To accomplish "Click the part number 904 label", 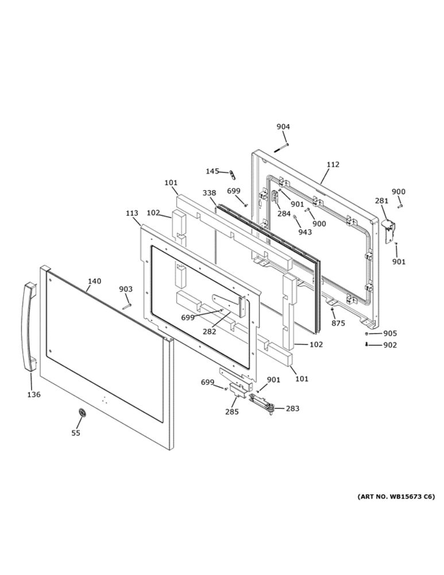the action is click(x=283, y=127).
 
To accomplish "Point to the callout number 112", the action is click(x=333, y=164).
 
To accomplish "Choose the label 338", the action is click(x=209, y=193).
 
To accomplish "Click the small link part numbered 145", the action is click(x=231, y=175).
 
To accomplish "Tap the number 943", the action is click(x=305, y=232).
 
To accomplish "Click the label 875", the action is click(x=338, y=323).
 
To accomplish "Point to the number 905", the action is click(x=390, y=333).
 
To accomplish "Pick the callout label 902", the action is click(x=390, y=345).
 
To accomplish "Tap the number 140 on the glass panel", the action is click(x=94, y=281).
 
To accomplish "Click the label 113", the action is click(x=132, y=213).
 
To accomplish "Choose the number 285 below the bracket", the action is click(x=232, y=412).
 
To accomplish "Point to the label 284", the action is click(x=284, y=214).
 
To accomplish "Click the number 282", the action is click(x=210, y=332).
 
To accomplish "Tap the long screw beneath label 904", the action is click(x=281, y=148).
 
